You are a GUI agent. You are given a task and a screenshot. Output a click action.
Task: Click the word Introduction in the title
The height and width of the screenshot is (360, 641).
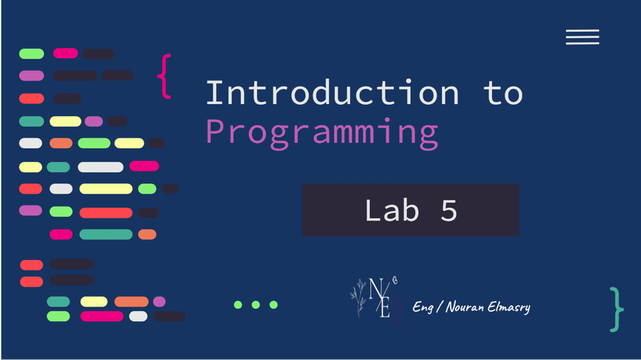[332, 93]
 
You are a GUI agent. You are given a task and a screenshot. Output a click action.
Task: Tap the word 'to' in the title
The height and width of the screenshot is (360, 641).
[503, 93]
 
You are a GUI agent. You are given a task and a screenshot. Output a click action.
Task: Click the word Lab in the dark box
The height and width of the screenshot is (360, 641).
[392, 210]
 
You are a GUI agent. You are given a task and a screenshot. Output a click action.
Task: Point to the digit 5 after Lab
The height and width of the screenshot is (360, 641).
[448, 211]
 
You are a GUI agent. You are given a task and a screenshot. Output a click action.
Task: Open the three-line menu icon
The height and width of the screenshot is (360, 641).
[583, 37]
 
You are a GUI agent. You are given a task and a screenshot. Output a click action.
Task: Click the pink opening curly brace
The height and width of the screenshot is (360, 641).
[165, 76]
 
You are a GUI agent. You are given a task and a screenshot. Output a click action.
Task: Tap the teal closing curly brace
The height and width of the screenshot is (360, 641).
[617, 309]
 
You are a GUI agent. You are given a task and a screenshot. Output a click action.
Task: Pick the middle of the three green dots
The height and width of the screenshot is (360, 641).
[256, 305]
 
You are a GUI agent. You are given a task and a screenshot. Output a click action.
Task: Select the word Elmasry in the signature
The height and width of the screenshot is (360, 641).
[509, 307]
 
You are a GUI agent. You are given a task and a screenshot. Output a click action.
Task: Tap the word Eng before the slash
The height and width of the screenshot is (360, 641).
[423, 307]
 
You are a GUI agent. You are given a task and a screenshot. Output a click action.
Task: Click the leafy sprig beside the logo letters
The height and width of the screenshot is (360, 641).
[359, 297]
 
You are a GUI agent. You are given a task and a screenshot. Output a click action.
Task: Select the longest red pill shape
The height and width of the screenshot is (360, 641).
[106, 213]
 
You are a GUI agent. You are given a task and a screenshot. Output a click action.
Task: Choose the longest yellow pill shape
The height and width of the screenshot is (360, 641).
[106, 188]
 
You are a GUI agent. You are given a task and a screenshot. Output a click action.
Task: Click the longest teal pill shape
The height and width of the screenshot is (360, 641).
[106, 234]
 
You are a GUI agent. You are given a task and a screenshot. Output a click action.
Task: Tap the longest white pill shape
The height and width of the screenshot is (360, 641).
[101, 167]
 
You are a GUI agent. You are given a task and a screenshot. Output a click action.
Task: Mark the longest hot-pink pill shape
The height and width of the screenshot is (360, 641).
[102, 316]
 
